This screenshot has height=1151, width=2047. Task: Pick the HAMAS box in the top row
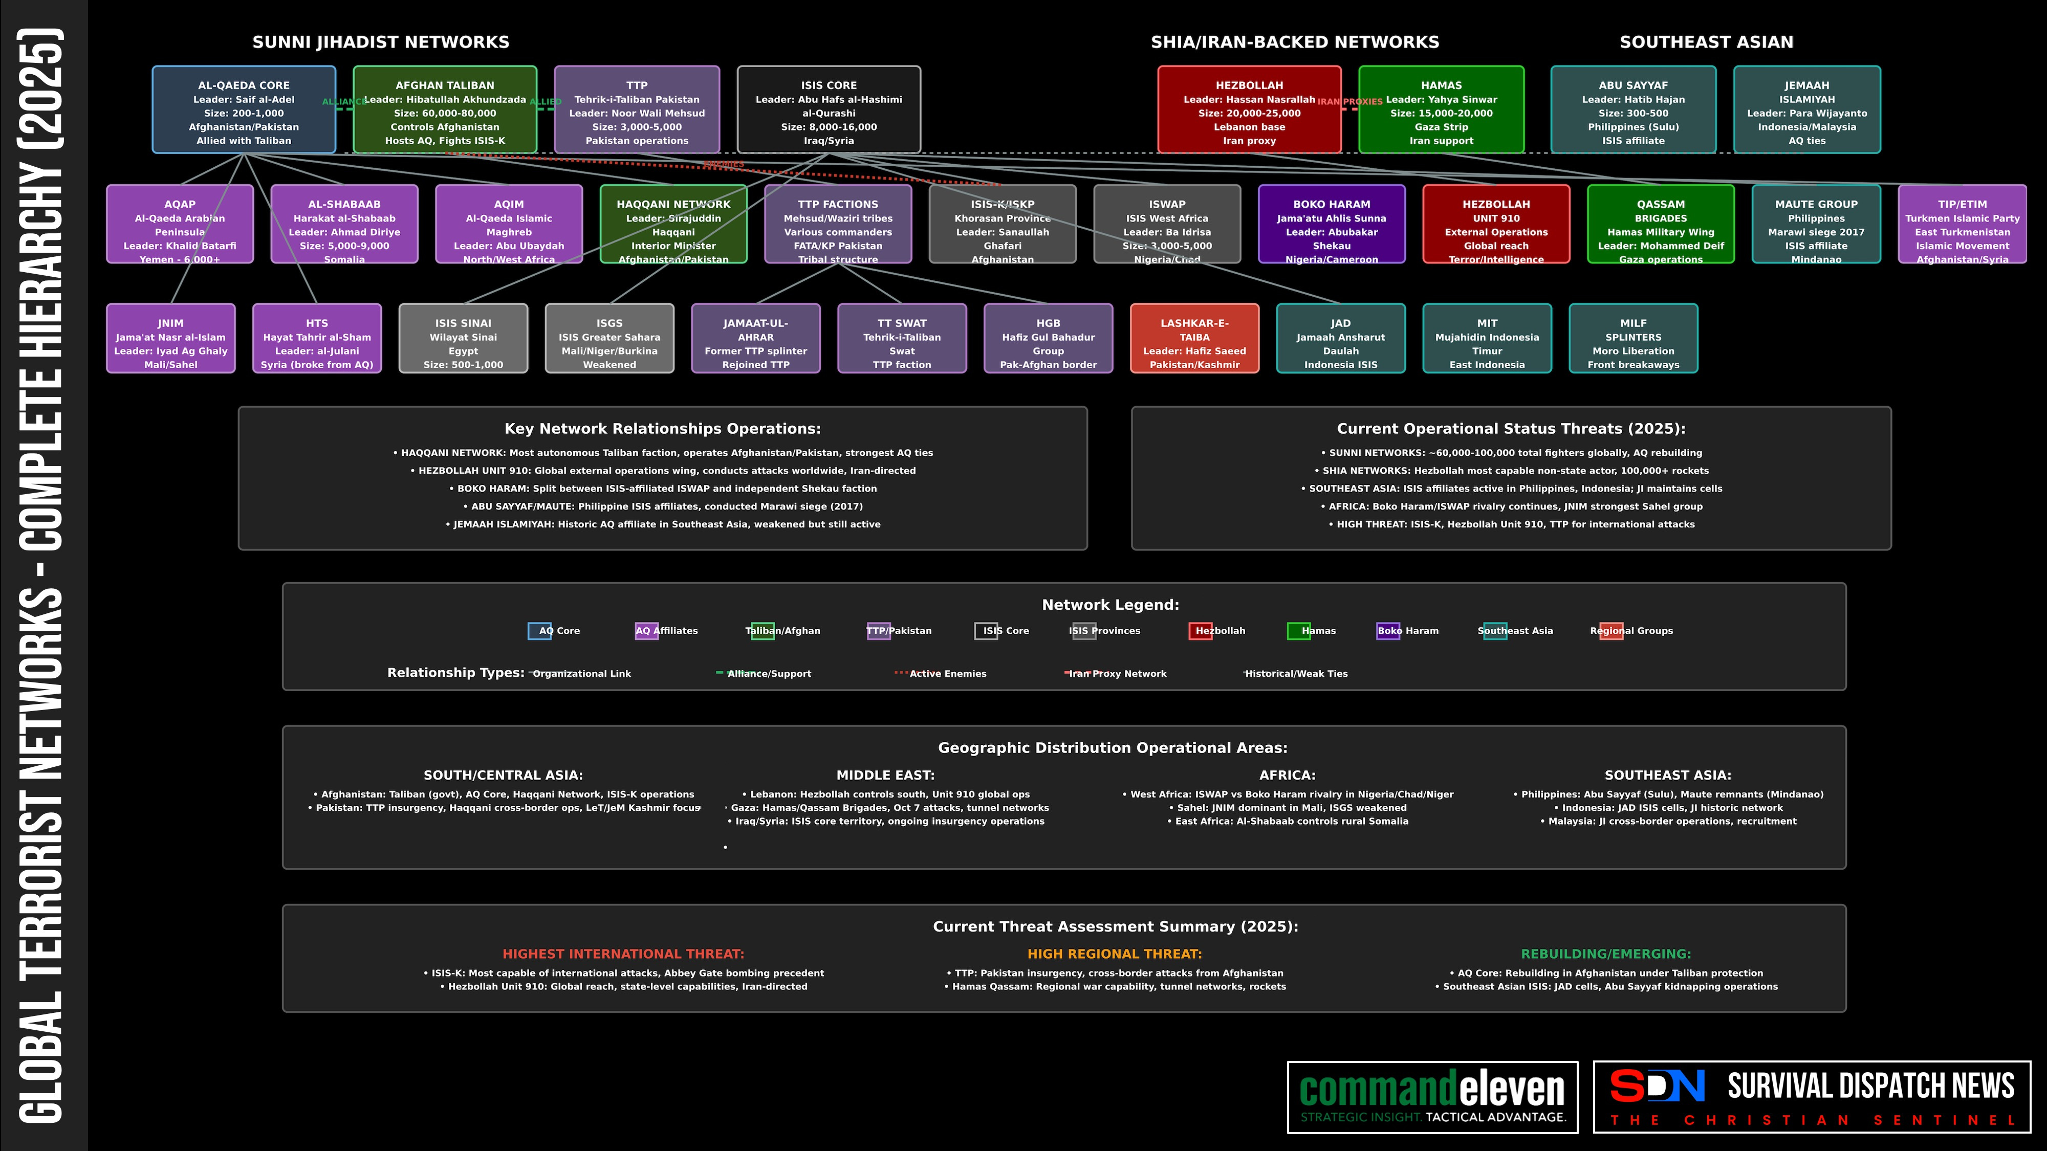(x=1441, y=109)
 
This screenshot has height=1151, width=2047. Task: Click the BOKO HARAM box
(x=1331, y=224)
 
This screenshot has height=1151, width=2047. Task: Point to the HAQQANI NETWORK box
(x=673, y=224)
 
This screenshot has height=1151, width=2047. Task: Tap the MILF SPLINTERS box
(x=1633, y=338)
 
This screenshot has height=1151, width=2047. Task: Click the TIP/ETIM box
(x=1962, y=224)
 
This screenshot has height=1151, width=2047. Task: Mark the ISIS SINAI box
(x=463, y=338)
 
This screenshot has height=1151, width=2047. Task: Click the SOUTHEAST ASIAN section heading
(x=1706, y=42)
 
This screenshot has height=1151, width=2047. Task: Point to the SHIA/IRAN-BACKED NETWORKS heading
(x=1295, y=42)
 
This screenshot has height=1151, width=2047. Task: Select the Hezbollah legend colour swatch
(x=1200, y=631)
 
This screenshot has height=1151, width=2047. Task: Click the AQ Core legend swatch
(x=539, y=631)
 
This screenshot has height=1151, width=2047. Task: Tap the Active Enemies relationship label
(x=947, y=674)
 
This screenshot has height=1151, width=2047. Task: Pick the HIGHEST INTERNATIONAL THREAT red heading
(x=623, y=954)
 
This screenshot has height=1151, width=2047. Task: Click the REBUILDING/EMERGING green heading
(x=1605, y=954)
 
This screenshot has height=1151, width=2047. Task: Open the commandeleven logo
(x=1432, y=1097)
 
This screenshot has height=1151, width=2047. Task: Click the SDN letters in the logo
(x=1657, y=1087)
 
